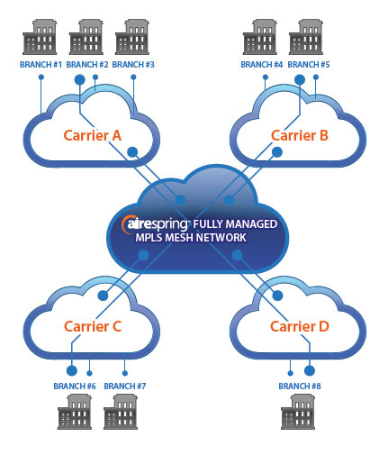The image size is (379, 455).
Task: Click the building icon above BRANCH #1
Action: point(40,37)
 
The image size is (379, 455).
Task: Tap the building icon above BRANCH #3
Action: point(132,37)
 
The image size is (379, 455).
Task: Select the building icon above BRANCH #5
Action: point(306,37)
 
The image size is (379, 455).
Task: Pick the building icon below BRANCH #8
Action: point(298,412)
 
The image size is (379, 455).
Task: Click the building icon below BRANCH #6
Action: point(75,412)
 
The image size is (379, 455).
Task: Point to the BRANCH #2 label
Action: point(87,65)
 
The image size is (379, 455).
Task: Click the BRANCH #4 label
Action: point(262,65)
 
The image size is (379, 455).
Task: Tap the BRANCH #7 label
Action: point(125,386)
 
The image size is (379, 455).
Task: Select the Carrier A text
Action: point(93,135)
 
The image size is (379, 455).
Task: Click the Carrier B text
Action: point(300,135)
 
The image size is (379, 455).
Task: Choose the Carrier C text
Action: point(93,326)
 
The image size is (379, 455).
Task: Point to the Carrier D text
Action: point(300,326)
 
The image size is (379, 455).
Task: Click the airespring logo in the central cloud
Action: point(155,224)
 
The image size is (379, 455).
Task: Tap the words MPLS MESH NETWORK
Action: point(191,238)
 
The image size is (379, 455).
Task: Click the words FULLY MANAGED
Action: point(235,224)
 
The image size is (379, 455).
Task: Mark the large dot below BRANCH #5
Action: point(300,80)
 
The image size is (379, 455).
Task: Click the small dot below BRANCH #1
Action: point(41,77)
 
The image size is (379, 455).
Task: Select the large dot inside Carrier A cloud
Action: point(132,152)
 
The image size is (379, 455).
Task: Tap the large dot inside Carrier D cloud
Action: point(277,296)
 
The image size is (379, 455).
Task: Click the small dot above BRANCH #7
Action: point(125,373)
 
